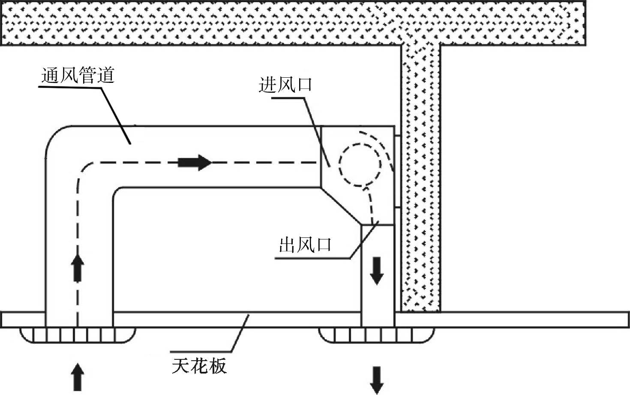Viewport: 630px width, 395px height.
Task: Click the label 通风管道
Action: pos(78,76)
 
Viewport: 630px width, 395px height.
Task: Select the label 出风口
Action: pos(306,246)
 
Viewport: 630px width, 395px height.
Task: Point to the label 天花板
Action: pos(199,366)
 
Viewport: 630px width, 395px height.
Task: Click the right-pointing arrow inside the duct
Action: pos(195,163)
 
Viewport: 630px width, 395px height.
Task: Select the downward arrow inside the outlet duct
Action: pos(377,270)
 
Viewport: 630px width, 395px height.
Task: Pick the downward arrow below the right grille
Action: pos(377,380)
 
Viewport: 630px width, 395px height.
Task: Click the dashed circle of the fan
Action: pos(360,163)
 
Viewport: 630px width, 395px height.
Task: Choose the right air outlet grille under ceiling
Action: pos(377,334)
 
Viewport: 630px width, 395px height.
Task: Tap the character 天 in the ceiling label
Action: pos(180,366)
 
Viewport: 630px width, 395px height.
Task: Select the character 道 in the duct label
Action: pos(106,76)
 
